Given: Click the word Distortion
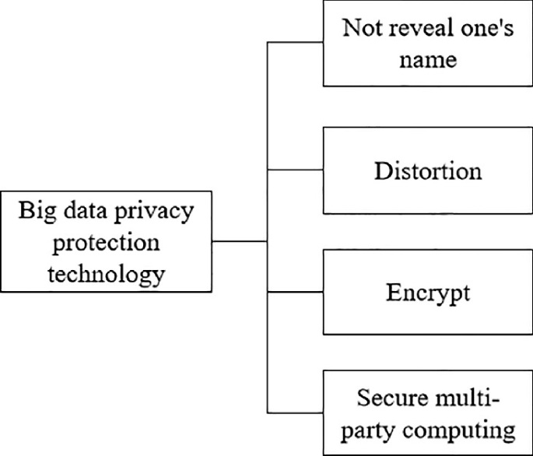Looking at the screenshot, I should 428,170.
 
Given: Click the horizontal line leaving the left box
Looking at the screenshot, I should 240,241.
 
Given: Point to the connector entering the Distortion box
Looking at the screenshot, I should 296,169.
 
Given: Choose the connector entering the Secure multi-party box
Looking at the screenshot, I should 296,412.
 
